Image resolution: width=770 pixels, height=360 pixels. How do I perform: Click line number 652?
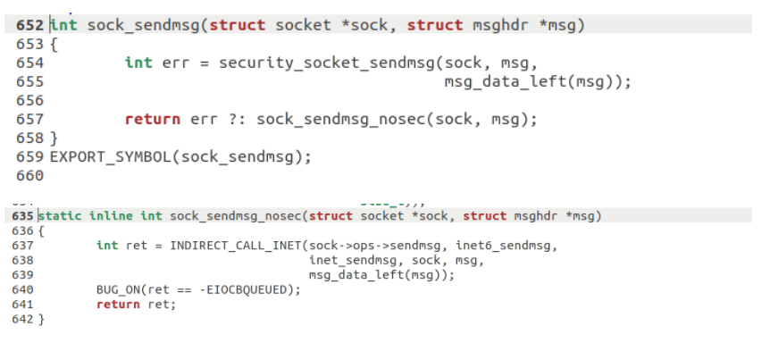coord(30,25)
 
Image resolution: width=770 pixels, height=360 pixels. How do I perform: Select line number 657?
coord(30,119)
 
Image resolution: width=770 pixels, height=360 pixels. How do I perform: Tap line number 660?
coord(30,175)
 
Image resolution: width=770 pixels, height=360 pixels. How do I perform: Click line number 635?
coord(22,216)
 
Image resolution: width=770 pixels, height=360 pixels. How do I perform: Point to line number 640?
coord(22,289)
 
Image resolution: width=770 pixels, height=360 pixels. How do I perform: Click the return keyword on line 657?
coord(152,119)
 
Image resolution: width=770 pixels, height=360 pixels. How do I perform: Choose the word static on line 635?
coord(62,216)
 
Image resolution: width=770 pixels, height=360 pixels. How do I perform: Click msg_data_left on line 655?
coord(499,81)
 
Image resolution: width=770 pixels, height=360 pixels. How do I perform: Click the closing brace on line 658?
coord(54,138)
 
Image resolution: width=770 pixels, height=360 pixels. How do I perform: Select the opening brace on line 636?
coord(41,230)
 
